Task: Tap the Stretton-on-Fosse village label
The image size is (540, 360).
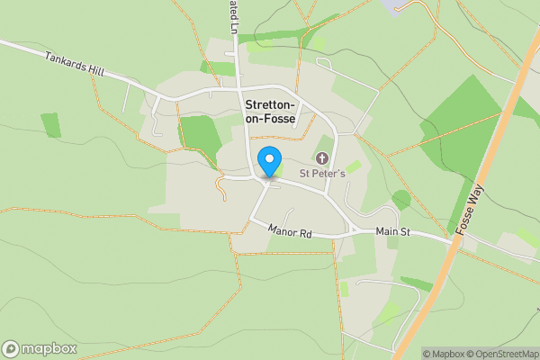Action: pos(282,112)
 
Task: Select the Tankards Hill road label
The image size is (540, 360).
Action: pos(75,67)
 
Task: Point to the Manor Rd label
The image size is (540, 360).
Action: pos(289,232)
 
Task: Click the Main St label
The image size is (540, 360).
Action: pos(392,232)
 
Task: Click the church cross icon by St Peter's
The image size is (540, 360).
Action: pos(322,158)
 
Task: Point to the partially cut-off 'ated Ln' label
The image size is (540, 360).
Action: pos(231,16)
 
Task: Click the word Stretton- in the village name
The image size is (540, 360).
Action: pos(282,104)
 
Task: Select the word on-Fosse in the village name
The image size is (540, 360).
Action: pos(282,119)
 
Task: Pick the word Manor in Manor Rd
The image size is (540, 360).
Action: pos(282,230)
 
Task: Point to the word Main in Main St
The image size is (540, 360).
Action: pos(386,232)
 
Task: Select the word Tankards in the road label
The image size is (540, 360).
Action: pos(66,63)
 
